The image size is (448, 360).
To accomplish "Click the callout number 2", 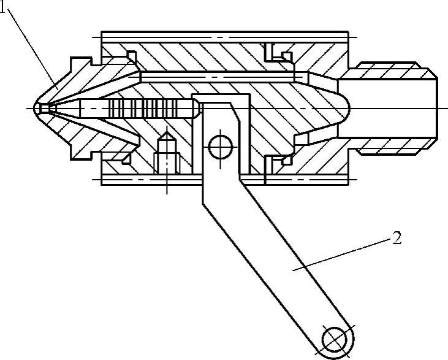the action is pyautogui.click(x=397, y=238).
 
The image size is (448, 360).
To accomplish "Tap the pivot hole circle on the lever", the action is pyautogui.click(x=219, y=147).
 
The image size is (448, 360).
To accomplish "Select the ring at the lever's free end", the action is pyautogui.click(x=335, y=339).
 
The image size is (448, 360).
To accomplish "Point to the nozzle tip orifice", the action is pyautogui.click(x=37, y=109).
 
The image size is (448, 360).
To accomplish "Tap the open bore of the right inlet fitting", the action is pyautogui.click(x=404, y=109).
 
